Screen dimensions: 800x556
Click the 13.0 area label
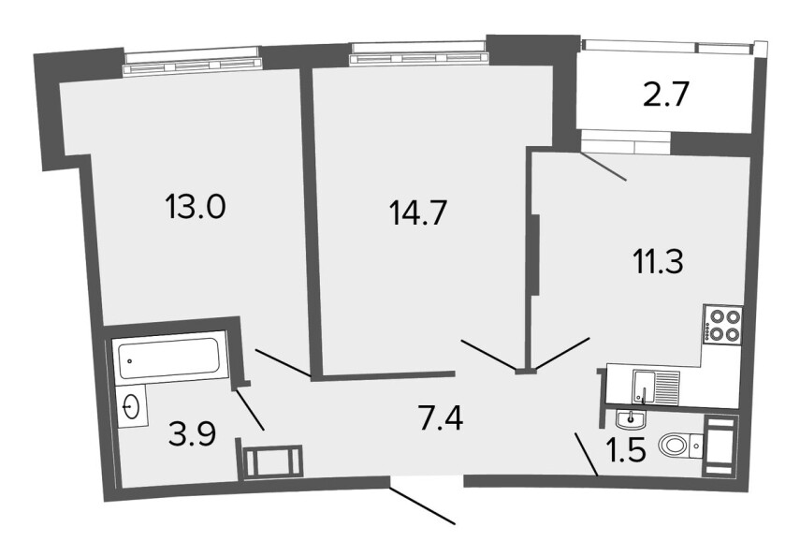click(195, 207)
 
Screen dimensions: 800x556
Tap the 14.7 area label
click(418, 212)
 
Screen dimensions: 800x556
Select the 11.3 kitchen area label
click(658, 262)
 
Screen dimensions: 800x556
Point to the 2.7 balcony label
click(666, 95)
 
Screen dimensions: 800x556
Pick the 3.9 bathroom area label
click(193, 434)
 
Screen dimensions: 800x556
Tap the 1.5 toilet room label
click(626, 450)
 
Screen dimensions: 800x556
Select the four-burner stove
click(722, 324)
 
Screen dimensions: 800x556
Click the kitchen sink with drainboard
click(656, 387)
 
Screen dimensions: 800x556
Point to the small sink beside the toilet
click(632, 419)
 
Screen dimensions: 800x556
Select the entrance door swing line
click(422, 506)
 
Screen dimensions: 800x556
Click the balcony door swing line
click(604, 167)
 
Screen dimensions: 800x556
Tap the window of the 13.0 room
click(193, 62)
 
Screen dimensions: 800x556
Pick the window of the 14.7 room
click(418, 54)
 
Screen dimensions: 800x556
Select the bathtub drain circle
click(131, 361)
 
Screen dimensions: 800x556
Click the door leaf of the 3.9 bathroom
click(250, 409)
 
